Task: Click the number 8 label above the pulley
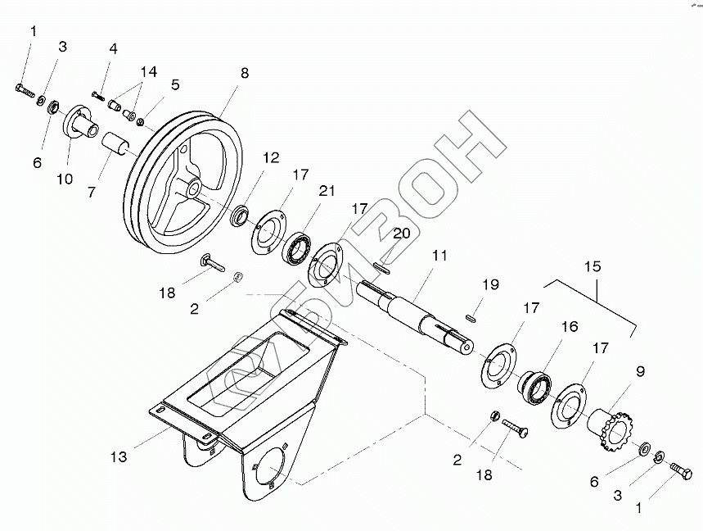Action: (245, 73)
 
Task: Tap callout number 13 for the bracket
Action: (119, 456)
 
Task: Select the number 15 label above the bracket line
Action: (593, 267)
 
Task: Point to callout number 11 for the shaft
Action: (439, 256)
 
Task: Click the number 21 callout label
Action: (327, 191)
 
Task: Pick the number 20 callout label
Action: (401, 233)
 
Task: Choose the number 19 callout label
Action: (490, 284)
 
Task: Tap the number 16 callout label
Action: (570, 326)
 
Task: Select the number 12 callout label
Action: (271, 157)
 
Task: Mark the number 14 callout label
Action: (147, 71)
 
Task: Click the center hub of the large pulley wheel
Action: (192, 188)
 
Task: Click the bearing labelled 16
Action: (535, 385)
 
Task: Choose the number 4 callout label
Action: (113, 48)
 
